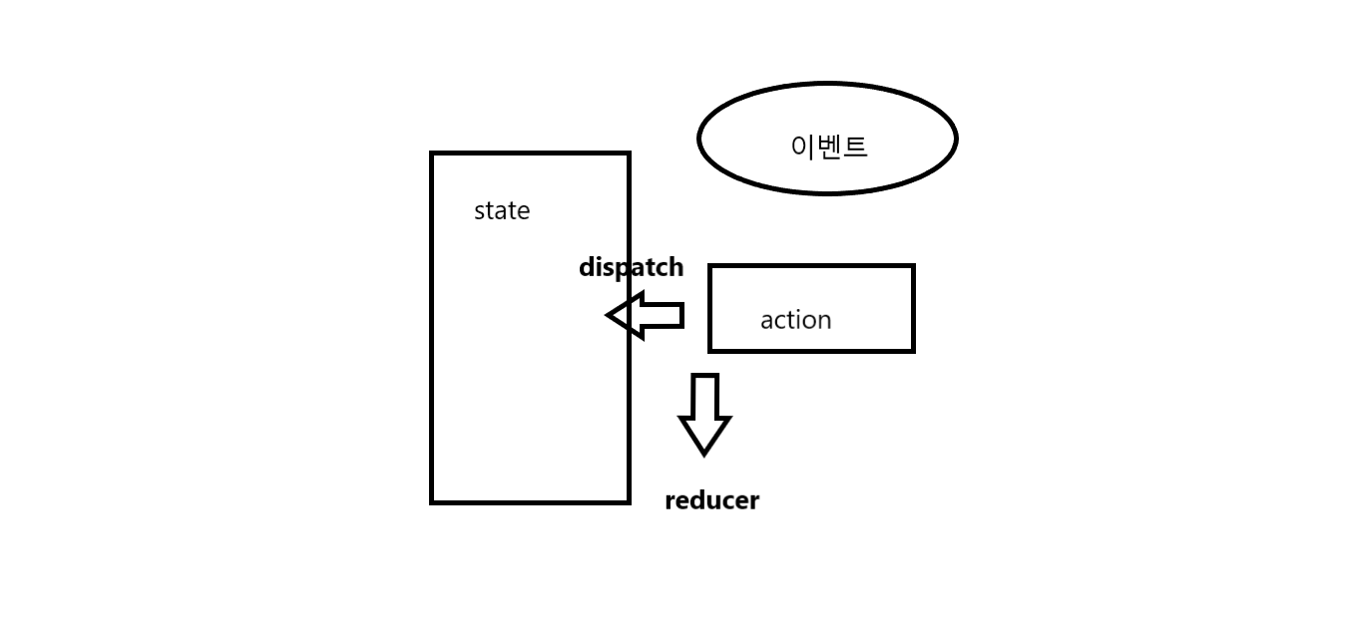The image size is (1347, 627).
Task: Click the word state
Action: coord(501,210)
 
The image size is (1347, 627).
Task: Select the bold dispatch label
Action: coord(631,267)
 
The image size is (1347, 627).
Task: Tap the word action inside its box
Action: coord(795,320)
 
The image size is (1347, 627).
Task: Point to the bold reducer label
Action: coord(711,500)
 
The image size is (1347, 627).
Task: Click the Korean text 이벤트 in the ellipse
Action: coord(828,147)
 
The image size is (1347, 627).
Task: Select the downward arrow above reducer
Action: coord(704,413)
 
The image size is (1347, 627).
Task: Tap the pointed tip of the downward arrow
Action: coord(704,453)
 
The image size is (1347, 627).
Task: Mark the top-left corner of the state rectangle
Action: coord(432,154)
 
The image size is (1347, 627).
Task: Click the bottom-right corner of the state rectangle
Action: coord(628,501)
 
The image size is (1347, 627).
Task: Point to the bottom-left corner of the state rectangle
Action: coord(432,501)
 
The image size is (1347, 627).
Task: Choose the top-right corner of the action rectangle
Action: coord(912,266)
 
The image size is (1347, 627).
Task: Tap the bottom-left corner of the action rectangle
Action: coord(710,350)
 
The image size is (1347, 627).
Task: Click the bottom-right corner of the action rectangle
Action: coord(912,350)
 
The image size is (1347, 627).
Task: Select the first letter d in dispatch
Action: coord(586,267)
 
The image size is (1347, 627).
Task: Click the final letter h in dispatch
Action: coord(675,267)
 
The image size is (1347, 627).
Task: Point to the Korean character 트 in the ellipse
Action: coord(855,147)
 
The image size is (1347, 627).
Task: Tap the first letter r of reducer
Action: coord(670,501)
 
